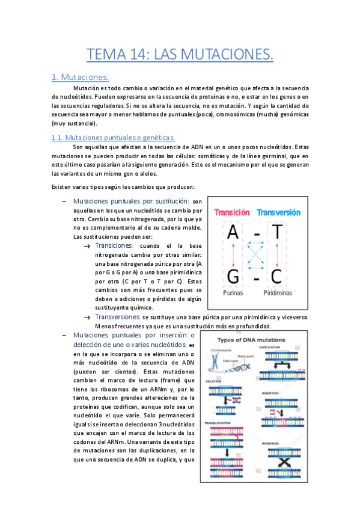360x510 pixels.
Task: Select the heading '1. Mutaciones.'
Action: click(x=79, y=77)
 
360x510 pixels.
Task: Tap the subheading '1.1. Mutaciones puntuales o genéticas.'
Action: click(x=113, y=137)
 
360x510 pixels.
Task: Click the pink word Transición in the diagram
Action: click(x=231, y=212)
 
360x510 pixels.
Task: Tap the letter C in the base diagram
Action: click(x=277, y=277)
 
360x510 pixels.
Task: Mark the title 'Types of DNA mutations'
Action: click(x=251, y=340)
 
